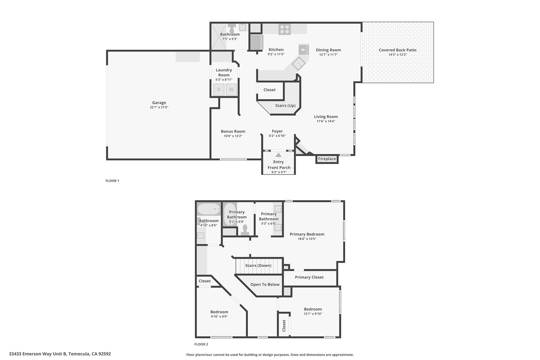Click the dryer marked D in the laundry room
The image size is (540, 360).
219,90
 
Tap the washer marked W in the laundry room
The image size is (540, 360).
231,90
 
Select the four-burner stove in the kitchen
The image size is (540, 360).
285,29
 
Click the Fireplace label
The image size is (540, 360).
327,159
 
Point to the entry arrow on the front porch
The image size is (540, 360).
278,155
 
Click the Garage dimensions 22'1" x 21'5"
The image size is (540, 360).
159,107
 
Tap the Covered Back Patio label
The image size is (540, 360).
398,50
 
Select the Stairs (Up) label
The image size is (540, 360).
285,105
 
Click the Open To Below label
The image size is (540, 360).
265,284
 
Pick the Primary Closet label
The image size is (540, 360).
309,277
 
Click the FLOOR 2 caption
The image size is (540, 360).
201,344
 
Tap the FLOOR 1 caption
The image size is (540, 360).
112,181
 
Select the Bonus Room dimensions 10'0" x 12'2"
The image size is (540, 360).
233,136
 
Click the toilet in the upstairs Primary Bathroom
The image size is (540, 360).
245,230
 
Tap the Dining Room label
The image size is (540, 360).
328,50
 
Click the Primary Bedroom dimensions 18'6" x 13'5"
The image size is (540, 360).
307,239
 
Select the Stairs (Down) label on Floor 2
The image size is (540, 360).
258,265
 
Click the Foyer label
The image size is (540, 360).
277,131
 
